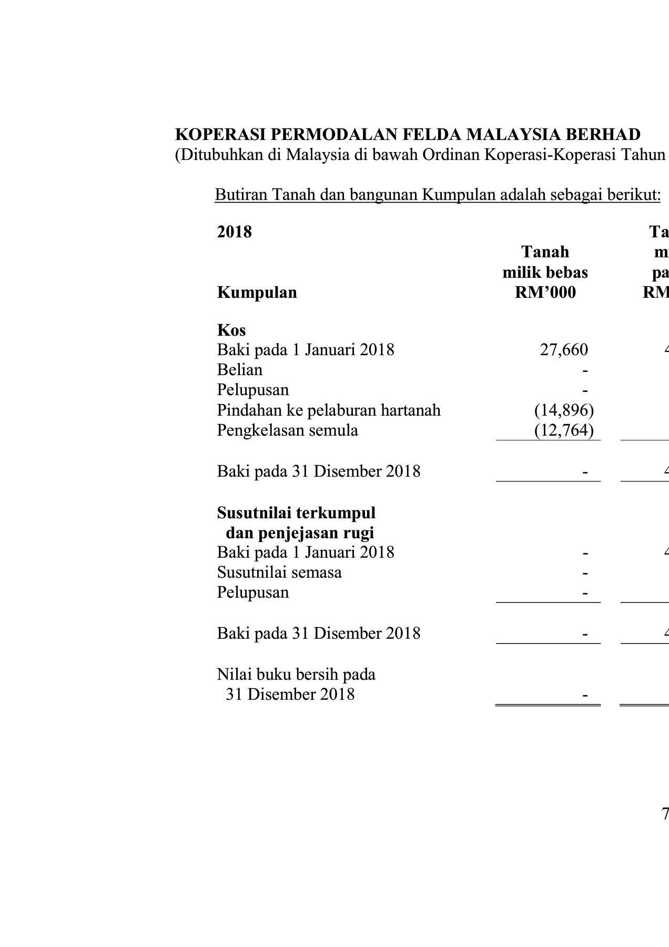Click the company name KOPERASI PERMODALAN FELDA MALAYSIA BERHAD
coord(408,135)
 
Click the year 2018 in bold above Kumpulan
coord(234,232)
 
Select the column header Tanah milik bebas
coord(545,262)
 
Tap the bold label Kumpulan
coord(257,293)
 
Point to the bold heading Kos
coord(231,330)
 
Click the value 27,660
coord(564,350)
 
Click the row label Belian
coord(239,370)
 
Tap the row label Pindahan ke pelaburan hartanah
coord(329,410)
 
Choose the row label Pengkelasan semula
coord(287,430)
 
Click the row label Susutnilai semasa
coord(279,572)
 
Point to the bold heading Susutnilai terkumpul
coord(296,512)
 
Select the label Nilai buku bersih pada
coord(296,674)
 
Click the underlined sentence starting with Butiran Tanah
coord(438,195)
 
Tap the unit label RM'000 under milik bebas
coord(545,293)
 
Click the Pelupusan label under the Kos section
coord(253,390)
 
